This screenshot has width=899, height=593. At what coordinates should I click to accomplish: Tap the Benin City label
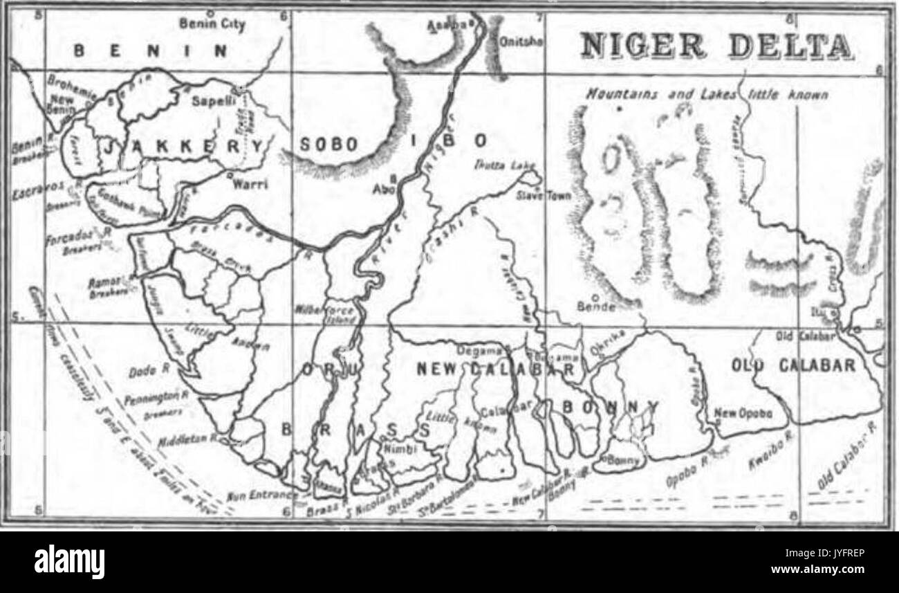click(x=203, y=24)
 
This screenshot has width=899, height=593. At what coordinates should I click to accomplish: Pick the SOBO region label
click(x=329, y=145)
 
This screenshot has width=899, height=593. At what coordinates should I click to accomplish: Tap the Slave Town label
click(x=544, y=196)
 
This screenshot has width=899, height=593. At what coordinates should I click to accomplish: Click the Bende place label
click(x=595, y=305)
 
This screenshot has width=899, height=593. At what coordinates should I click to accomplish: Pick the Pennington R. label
click(x=157, y=399)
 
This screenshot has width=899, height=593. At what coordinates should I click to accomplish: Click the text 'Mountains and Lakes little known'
click(x=706, y=94)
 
